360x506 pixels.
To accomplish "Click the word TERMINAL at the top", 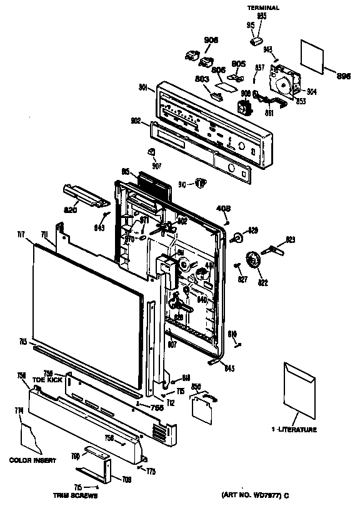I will pyautogui.click(x=262, y=7).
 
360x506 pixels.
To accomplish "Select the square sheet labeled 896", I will pyautogui.click(x=313, y=55).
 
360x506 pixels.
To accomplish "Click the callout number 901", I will pyautogui.click(x=143, y=88).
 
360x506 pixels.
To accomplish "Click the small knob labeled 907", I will pyautogui.click(x=151, y=152).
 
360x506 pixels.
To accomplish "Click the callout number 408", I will pyautogui.click(x=223, y=209).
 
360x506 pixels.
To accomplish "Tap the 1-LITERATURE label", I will pyautogui.click(x=294, y=430).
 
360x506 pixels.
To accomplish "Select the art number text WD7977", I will pyautogui.click(x=259, y=495).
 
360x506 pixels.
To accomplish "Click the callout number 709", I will pyautogui.click(x=126, y=480).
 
